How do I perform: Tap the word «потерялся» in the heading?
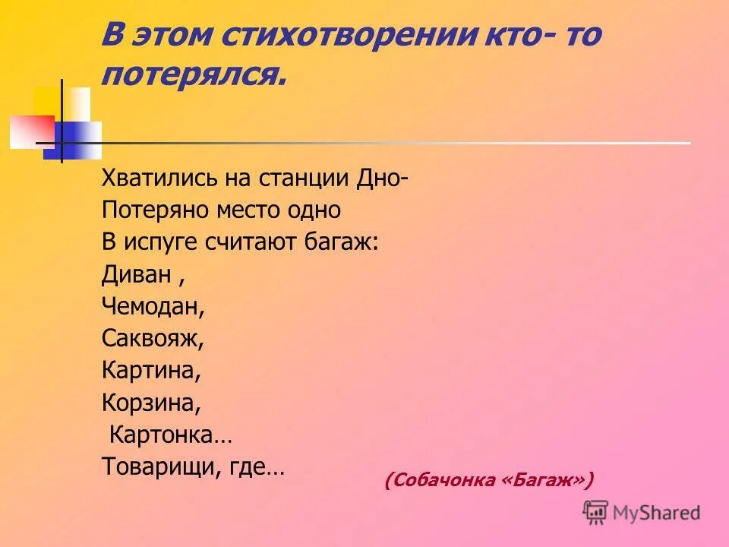pos(193,75)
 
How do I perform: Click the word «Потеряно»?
pos(149,210)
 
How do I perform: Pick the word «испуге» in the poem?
pos(156,243)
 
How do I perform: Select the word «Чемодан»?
pos(153,307)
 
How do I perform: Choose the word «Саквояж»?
pos(152,339)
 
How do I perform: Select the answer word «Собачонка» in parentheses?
pos(443,480)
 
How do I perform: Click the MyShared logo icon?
pos(596,512)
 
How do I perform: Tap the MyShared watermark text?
pos(656,513)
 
